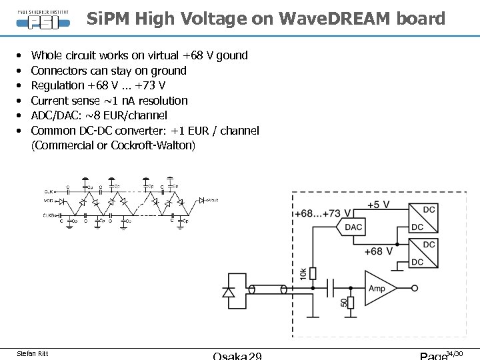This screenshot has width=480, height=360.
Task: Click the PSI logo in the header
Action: [43, 19]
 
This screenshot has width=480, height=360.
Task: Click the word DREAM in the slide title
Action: [358, 19]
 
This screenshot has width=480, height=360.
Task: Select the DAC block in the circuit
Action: [353, 227]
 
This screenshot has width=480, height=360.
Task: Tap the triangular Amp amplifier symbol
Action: [379, 288]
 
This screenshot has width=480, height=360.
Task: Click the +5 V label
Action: [377, 205]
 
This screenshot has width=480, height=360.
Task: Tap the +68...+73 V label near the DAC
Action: [322, 213]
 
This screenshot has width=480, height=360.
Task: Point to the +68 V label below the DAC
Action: [378, 251]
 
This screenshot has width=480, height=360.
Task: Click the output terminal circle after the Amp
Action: [415, 289]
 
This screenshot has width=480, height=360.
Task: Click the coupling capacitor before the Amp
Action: [331, 289]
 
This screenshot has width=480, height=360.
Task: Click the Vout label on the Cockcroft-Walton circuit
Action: [213, 199]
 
